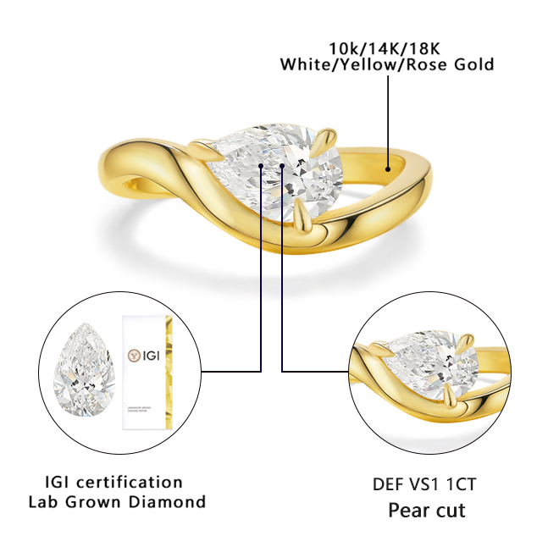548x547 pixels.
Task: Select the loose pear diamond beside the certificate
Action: tap(84, 372)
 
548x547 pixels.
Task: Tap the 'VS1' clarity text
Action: tap(431, 485)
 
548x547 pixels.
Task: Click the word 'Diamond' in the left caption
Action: tap(175, 501)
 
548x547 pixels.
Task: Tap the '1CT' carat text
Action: tap(465, 485)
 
